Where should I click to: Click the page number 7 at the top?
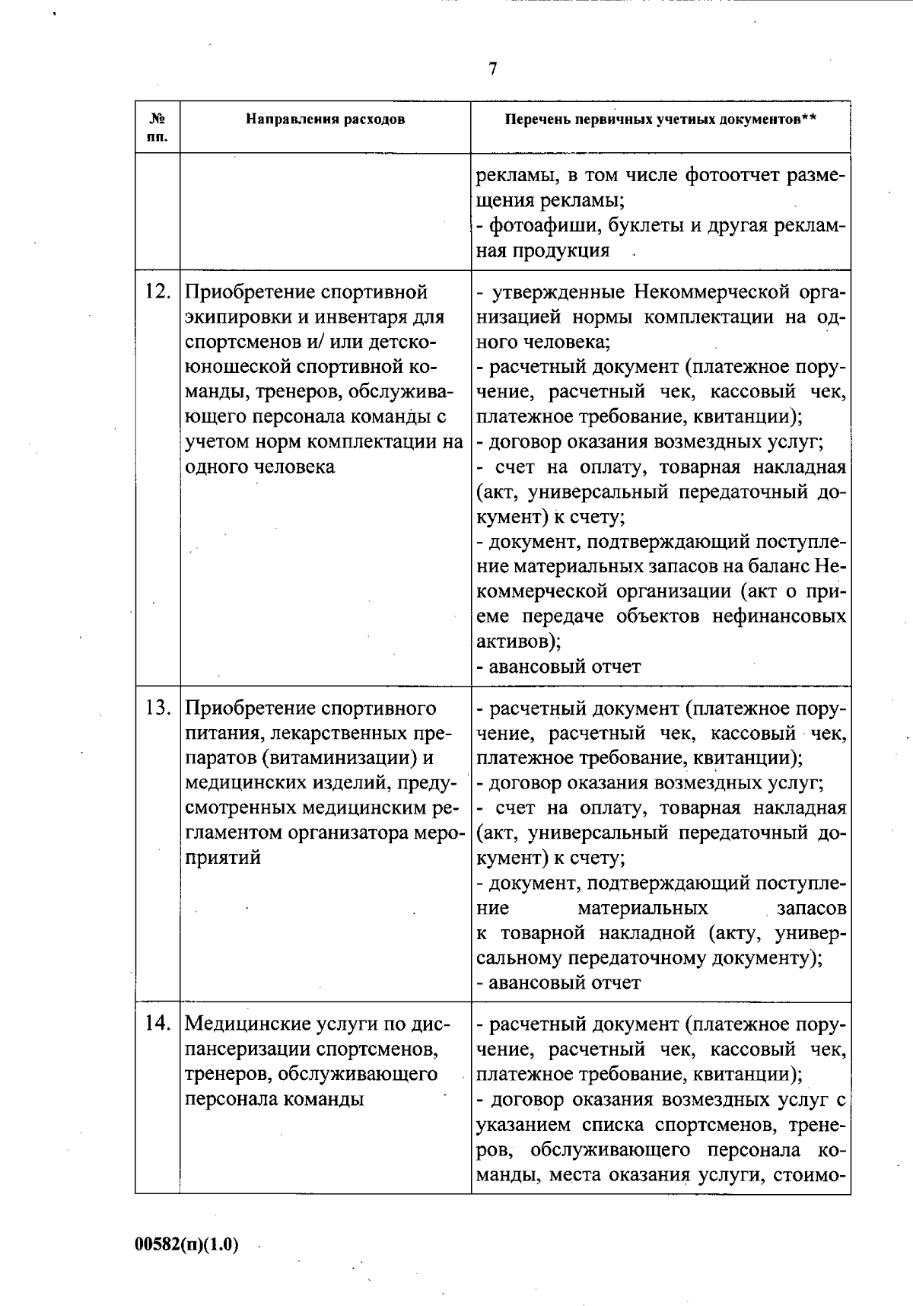pyautogui.click(x=492, y=69)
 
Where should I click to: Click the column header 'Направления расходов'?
pyautogui.click(x=325, y=119)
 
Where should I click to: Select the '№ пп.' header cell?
pyautogui.click(x=157, y=127)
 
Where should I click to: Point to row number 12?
pyautogui.click(x=157, y=292)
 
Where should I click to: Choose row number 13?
pyautogui.click(x=157, y=709)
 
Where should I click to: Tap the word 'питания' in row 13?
pyautogui.click(x=221, y=734)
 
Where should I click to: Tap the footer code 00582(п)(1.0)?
pyautogui.click(x=187, y=1245)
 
